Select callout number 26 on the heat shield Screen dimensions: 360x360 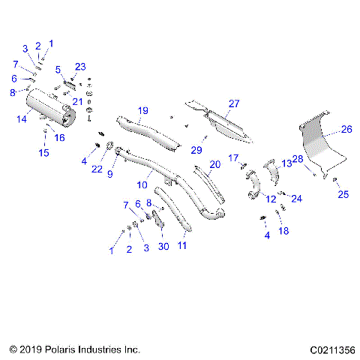pyautogui.click(x=346, y=129)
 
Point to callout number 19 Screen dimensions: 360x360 pyautogui.click(x=142, y=111)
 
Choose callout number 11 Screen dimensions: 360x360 pyautogui.click(x=182, y=245)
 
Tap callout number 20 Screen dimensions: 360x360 pyautogui.click(x=214, y=164)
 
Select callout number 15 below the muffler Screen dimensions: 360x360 pyautogui.click(x=44, y=153)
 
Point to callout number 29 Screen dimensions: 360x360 pyautogui.click(x=196, y=150)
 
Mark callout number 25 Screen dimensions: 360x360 pyautogui.click(x=343, y=195)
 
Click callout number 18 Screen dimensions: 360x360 pyautogui.click(x=283, y=231)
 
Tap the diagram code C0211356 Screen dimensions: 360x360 pyautogui.click(x=326, y=349)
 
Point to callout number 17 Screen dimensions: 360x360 pyautogui.click(x=232, y=157)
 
